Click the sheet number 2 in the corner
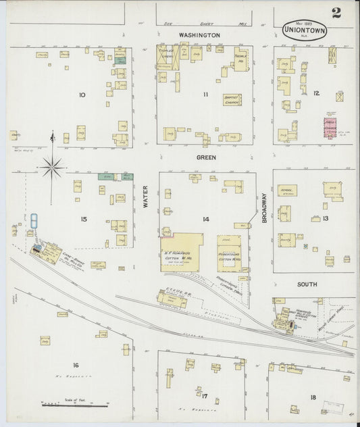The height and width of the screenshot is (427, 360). point(336,13)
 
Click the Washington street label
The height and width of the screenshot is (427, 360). point(199,34)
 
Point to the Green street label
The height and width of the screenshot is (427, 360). point(206,157)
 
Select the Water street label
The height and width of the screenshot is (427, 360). point(145,196)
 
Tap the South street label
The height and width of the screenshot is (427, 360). point(307,284)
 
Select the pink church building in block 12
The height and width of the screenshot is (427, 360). point(330,128)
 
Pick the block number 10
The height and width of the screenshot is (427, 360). point(82,95)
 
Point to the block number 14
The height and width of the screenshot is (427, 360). point(205,219)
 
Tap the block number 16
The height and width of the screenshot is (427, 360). point(75,365)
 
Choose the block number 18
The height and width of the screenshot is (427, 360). point(313,397)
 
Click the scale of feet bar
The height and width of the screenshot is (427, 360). point(75,404)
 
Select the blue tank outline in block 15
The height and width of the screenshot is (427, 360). point(33,221)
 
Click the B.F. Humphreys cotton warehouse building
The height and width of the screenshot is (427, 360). point(182,252)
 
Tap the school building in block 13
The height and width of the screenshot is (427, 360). point(287,191)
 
